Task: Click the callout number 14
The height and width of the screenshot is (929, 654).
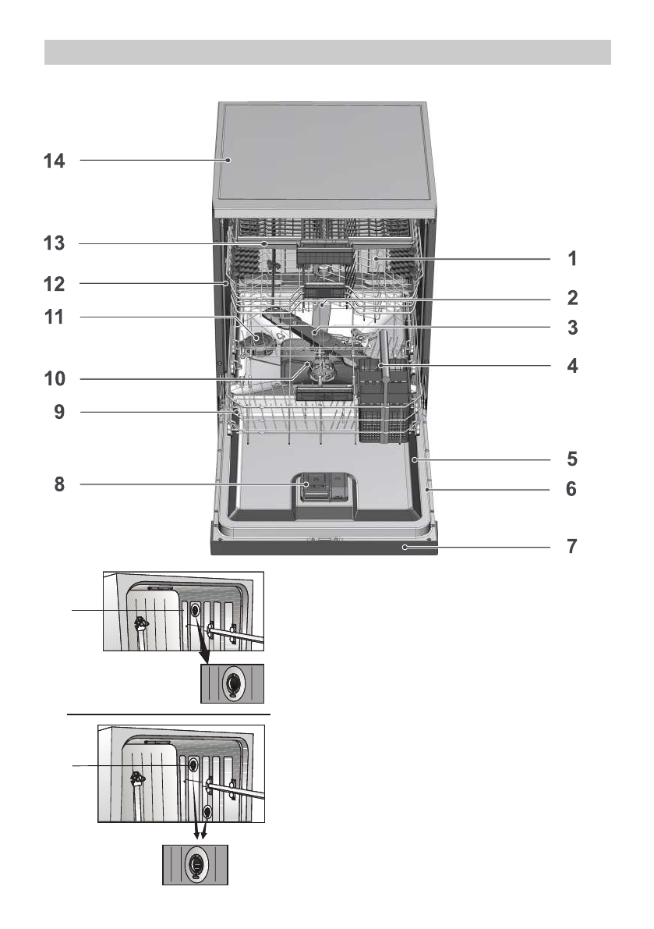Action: [54, 161]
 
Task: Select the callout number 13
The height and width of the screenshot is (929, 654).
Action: [54, 243]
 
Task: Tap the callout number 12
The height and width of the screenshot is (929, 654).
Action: [54, 284]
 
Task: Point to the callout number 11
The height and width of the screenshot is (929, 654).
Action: [54, 317]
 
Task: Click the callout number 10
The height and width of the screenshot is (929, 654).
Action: [55, 378]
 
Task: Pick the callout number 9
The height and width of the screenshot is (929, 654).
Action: [59, 412]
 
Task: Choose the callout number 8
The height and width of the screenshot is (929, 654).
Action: [59, 484]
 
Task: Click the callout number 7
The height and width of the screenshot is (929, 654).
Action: [571, 546]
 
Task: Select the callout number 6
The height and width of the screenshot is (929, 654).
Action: [571, 489]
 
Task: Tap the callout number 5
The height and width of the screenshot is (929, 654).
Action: [571, 459]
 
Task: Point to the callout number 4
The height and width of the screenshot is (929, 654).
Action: [571, 366]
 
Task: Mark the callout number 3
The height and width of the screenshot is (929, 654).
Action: [572, 328]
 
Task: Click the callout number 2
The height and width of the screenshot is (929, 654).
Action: [572, 297]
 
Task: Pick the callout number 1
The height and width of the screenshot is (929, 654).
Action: [572, 258]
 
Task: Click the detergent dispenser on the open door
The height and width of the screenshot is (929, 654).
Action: [323, 489]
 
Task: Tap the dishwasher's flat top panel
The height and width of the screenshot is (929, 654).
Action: [323, 157]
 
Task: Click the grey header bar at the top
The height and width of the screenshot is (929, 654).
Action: [327, 52]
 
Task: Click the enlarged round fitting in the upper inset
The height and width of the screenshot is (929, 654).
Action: [232, 684]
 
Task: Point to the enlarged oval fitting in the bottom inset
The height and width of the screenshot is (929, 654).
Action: [196, 866]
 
